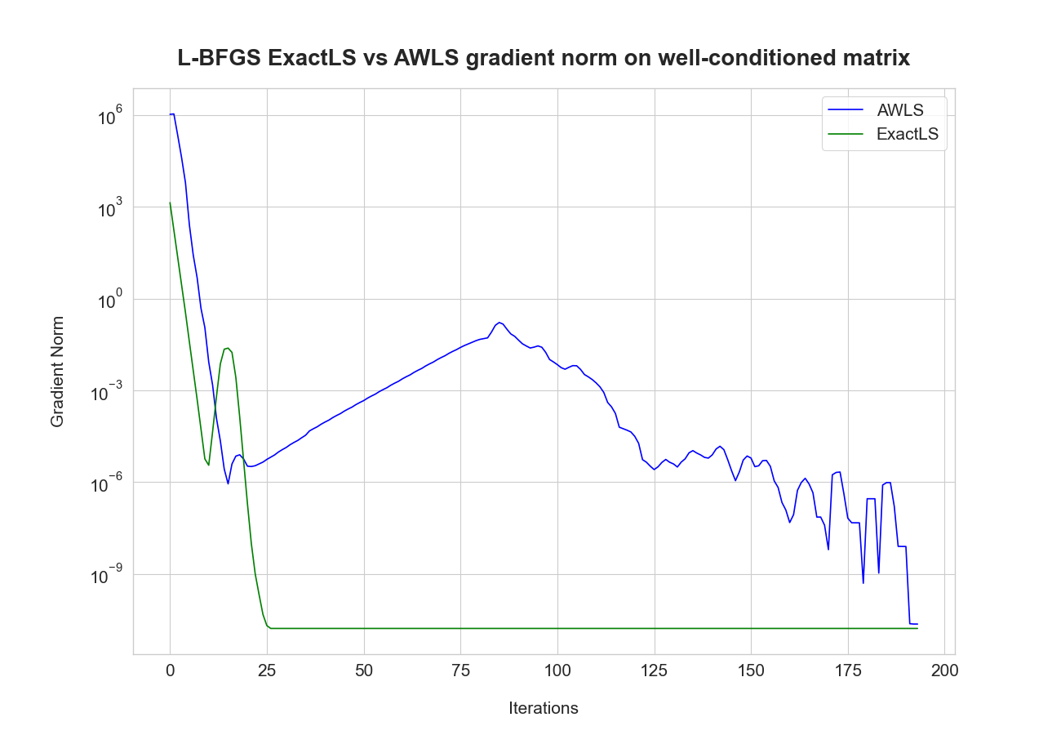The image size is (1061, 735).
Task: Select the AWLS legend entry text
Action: tap(900, 110)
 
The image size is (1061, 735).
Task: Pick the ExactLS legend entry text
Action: tap(907, 135)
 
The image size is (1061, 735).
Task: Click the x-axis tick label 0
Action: tap(170, 670)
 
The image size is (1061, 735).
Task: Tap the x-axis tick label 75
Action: tap(460, 670)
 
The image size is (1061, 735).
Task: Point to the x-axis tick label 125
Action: tap(654, 670)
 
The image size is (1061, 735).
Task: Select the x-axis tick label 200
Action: tap(944, 670)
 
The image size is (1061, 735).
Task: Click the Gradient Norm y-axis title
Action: tap(57, 372)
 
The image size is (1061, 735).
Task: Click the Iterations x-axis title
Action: tap(543, 708)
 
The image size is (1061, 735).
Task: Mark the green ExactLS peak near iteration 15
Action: tap(228, 348)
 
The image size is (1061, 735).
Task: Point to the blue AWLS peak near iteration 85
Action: tap(499, 322)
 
